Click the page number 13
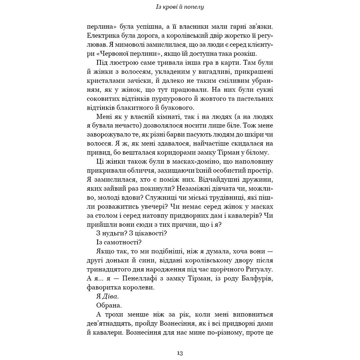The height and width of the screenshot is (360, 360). coord(180,353)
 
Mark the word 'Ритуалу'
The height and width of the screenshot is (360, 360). coord(258,269)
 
